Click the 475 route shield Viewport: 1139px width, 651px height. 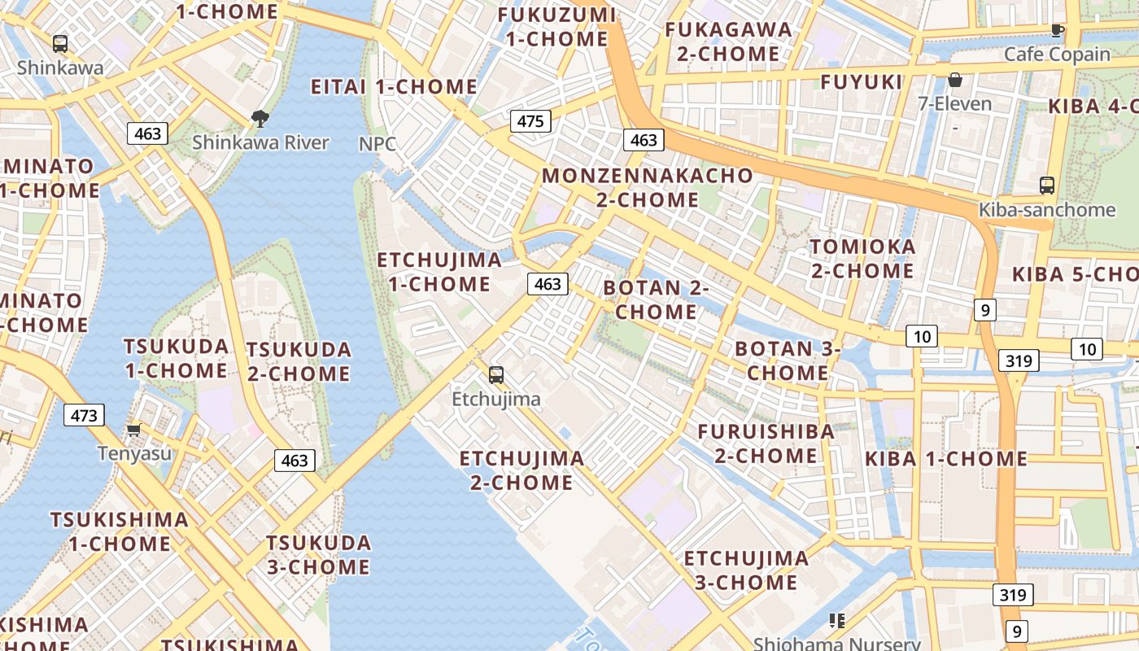click(x=530, y=122)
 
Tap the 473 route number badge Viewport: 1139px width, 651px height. click(x=84, y=416)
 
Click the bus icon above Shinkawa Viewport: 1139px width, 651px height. click(x=60, y=44)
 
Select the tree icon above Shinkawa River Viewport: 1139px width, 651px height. click(x=260, y=120)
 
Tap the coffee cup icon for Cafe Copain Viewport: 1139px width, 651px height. click(x=1057, y=31)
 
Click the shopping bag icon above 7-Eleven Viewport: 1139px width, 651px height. click(x=955, y=80)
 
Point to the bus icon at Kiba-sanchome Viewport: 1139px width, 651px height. click(x=1047, y=186)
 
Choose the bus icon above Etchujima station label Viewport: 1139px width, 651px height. click(x=496, y=375)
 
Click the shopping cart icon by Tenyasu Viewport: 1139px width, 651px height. click(x=134, y=429)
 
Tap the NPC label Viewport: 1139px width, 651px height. click(x=377, y=144)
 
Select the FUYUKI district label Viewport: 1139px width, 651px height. click(x=862, y=82)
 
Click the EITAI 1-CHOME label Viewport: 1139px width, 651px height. click(x=394, y=87)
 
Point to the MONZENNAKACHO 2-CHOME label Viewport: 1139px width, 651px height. click(x=648, y=187)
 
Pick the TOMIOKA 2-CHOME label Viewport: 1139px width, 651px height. click(x=862, y=258)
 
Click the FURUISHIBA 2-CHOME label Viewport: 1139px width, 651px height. click(x=766, y=443)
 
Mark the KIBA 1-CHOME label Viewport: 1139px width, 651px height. click(x=946, y=459)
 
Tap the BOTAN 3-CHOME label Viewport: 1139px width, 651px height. click(x=788, y=360)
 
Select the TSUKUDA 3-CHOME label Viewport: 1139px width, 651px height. click(x=318, y=554)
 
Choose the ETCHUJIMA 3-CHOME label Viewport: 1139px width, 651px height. click(x=746, y=570)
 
